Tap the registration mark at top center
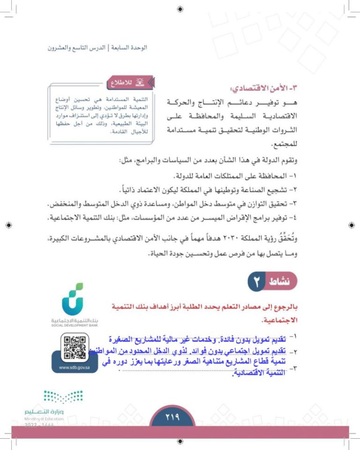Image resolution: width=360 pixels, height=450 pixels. coord(180,9)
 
